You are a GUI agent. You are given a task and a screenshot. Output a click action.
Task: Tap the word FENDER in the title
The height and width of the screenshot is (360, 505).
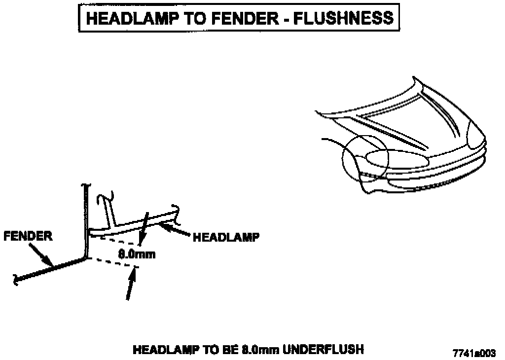coord(246,18)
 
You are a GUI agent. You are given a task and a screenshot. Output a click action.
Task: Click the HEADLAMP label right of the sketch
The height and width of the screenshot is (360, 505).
coord(225,238)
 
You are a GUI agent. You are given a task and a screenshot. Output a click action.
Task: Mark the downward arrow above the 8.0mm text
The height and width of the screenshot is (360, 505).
coord(144,229)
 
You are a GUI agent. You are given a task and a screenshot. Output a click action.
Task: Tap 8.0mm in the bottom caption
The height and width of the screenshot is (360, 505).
coord(260,350)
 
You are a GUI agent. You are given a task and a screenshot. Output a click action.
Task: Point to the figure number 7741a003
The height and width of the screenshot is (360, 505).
coord(474,353)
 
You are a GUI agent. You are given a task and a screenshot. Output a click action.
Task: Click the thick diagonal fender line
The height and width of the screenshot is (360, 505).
coord(49,270)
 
